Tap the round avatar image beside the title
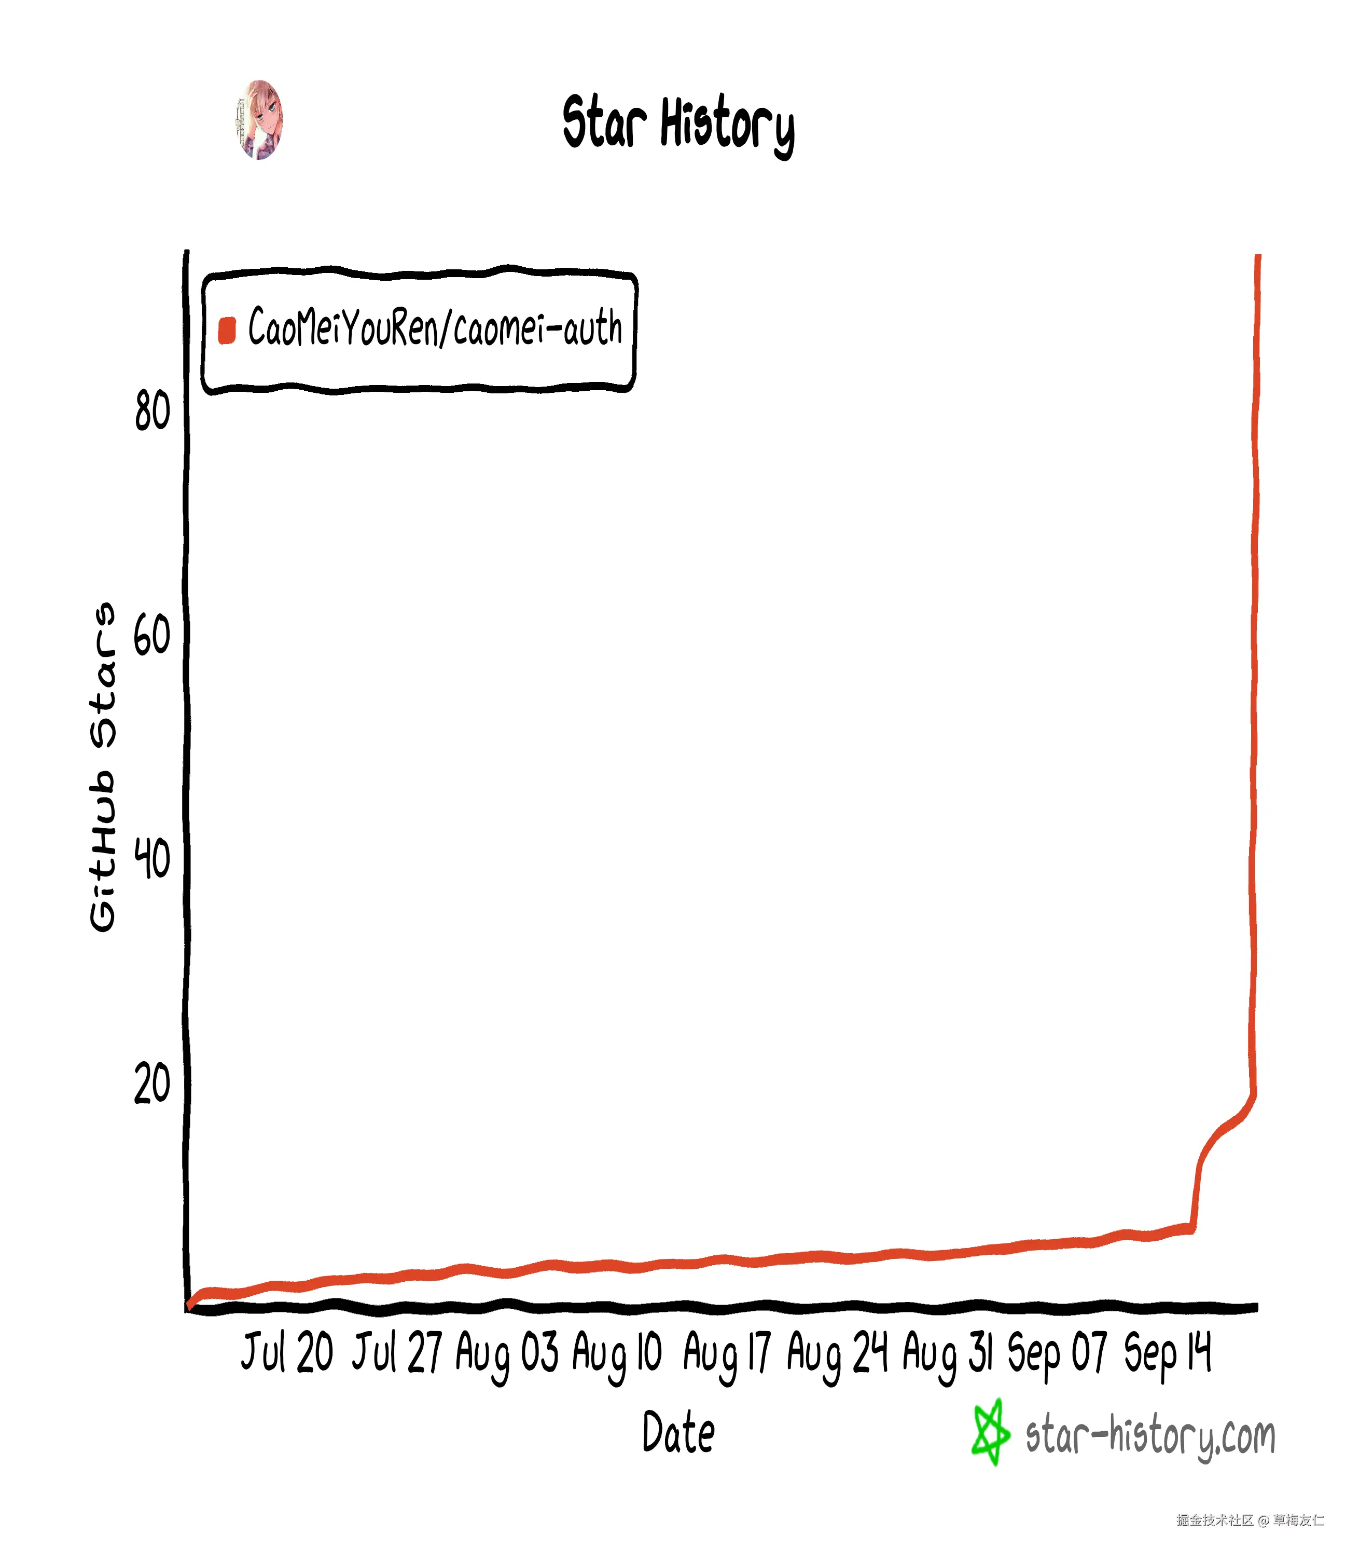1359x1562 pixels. pos(259,120)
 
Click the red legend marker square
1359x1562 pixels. pos(227,330)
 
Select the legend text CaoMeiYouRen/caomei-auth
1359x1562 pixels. pos(435,328)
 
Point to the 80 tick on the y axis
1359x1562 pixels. pos(152,412)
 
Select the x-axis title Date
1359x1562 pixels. pos(678,1432)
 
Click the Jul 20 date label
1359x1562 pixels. pos(287,1353)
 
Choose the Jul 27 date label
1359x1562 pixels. pos(397,1353)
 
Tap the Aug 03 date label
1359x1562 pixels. pos(507,1354)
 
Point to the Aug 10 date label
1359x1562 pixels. pos(617,1354)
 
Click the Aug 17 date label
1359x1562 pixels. pos(727,1354)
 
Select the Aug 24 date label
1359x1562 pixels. pos(837,1354)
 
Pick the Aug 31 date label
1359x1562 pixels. pos(947,1354)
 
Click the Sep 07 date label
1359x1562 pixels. pos(1057,1354)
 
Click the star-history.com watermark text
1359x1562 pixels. pos(1149,1436)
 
